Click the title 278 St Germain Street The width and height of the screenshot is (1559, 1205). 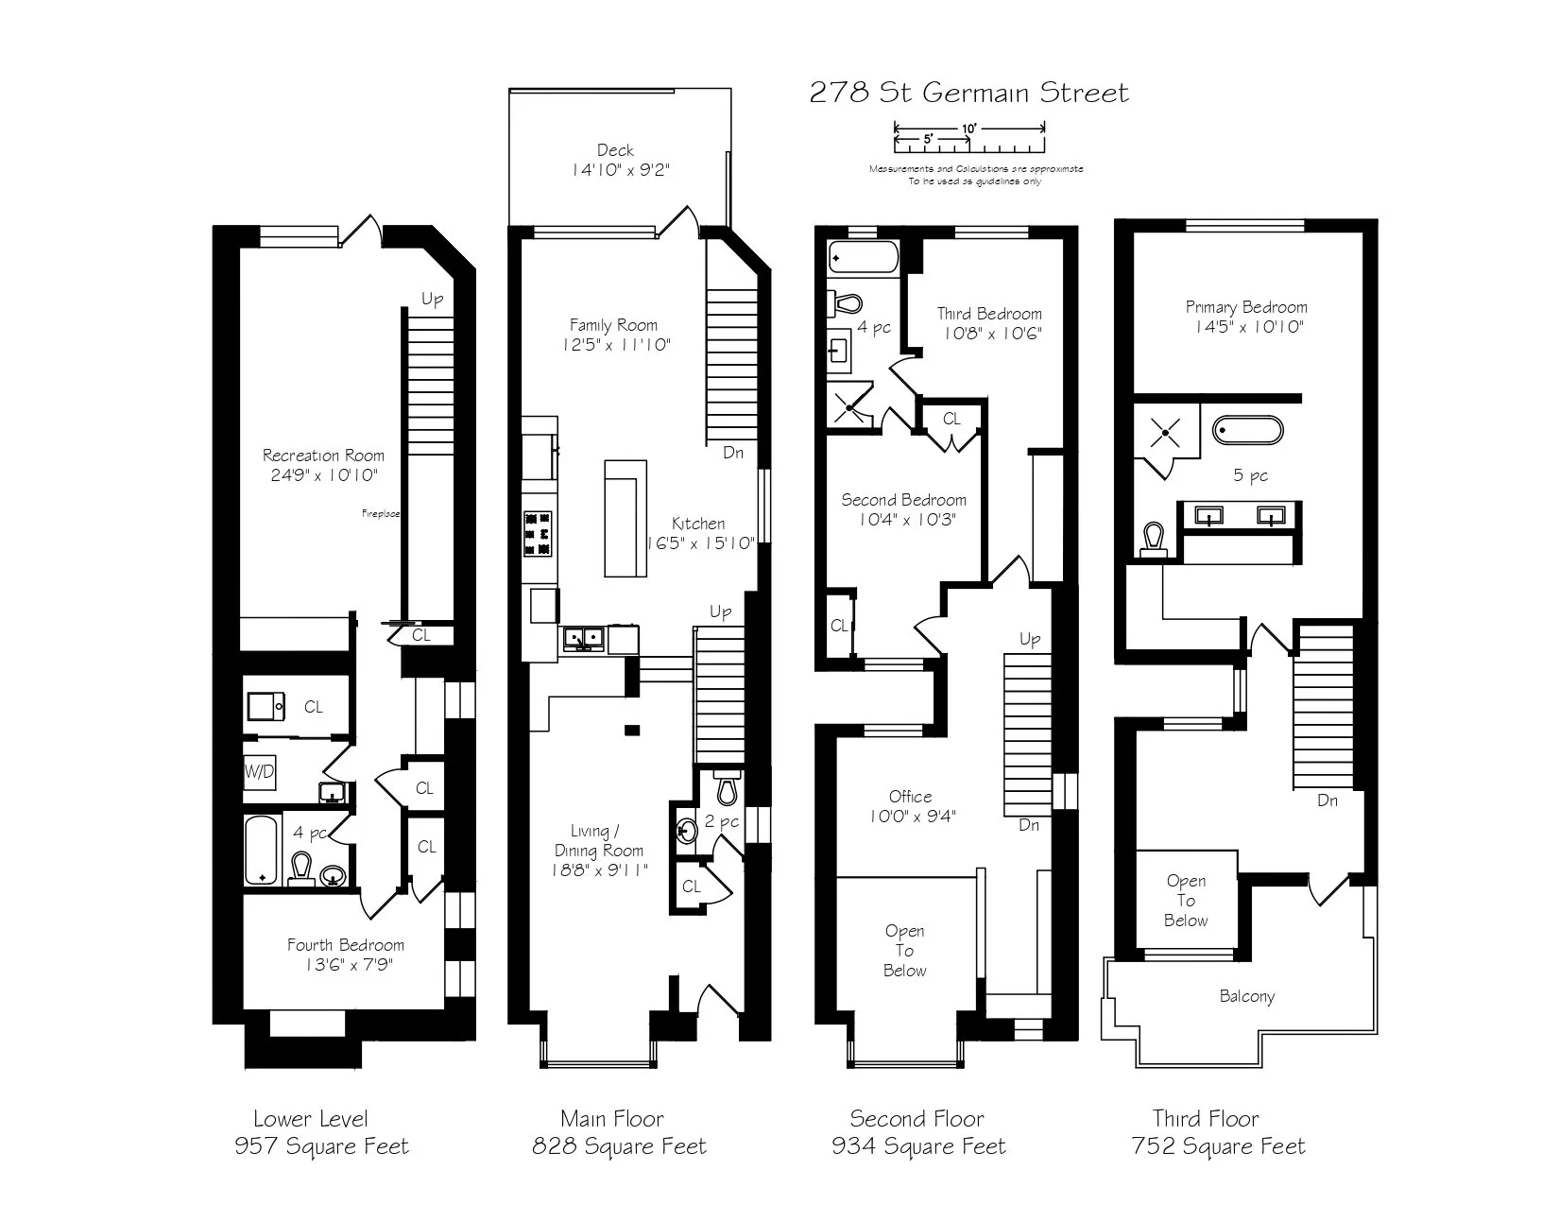[969, 93]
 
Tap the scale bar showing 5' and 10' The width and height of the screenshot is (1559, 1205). [969, 138]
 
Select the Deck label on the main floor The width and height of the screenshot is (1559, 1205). [615, 150]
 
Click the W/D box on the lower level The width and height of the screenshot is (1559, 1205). [259, 772]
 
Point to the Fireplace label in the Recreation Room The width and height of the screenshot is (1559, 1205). [381, 514]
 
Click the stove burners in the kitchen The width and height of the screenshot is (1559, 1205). [538, 534]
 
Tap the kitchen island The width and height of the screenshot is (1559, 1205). [625, 518]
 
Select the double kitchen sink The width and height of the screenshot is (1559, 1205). [584, 638]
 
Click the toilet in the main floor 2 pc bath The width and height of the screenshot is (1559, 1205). [727, 787]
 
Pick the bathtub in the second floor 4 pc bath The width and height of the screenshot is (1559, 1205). [863, 256]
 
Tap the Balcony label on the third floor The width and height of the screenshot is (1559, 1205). [1247, 996]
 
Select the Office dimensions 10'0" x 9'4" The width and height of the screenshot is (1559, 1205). [913, 816]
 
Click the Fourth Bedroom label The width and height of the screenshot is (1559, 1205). [346, 945]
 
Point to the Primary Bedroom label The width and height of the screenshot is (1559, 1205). [1246, 307]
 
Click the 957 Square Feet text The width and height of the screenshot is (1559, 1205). [321, 1146]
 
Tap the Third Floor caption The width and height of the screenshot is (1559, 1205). [1206, 1119]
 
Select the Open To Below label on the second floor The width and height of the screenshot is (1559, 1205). [905, 951]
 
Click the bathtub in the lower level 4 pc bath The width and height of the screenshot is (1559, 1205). [261, 850]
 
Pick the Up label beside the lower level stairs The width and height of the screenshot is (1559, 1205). [432, 300]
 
